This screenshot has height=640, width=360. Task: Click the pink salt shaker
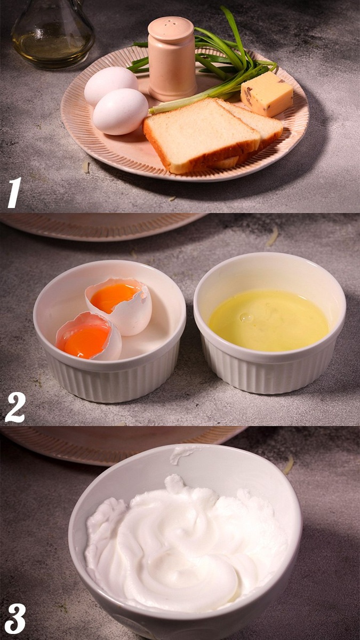(x=172, y=59)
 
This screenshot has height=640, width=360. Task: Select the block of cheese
(x=267, y=94)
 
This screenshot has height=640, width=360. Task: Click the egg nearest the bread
(x=121, y=111)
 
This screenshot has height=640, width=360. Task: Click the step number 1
(x=14, y=193)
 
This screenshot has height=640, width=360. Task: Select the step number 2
(x=15, y=407)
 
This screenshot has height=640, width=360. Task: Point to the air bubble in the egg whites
(x=246, y=317)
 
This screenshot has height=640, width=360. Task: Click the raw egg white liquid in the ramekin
(x=269, y=320)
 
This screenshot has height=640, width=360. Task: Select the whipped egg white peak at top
(x=174, y=482)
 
